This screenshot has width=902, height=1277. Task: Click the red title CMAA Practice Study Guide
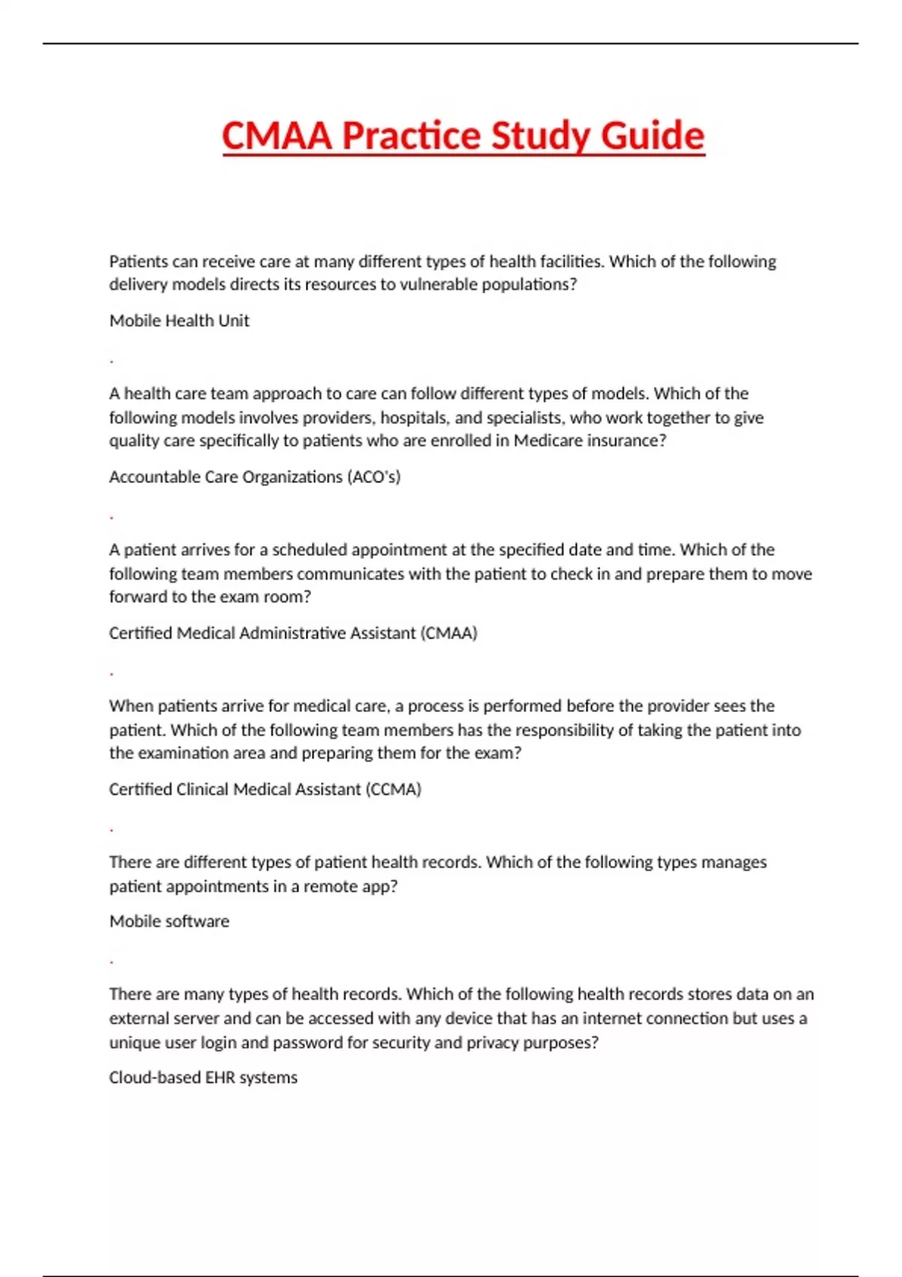(463, 136)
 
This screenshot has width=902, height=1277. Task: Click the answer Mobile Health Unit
(179, 321)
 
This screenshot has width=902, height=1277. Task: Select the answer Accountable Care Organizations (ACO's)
(255, 477)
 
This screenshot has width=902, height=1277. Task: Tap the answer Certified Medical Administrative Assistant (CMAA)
(293, 633)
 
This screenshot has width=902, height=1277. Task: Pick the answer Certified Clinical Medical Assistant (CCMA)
(265, 789)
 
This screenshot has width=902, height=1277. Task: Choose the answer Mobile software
(169, 922)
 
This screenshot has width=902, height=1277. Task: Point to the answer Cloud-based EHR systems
(203, 1078)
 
